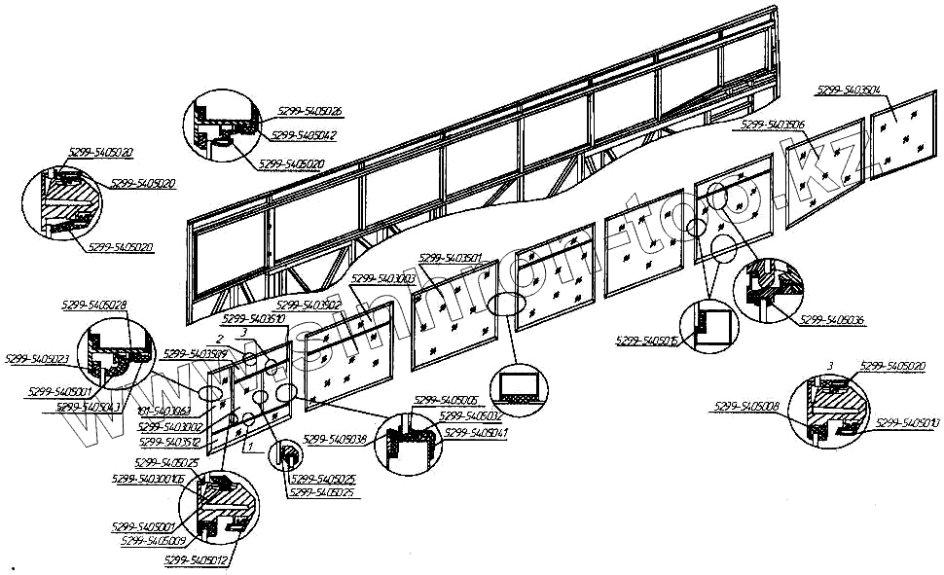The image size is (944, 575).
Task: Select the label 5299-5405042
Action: pos(304,136)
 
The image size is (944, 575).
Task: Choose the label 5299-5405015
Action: pos(648,341)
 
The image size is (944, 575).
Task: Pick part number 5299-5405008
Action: pos(746,407)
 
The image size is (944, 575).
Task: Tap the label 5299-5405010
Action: pos(909,423)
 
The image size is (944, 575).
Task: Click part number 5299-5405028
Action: pos(93,305)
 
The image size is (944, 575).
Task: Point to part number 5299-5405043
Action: pos(89,407)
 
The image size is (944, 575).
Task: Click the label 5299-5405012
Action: pos(198,560)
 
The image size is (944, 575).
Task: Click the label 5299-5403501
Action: pos(452,258)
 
